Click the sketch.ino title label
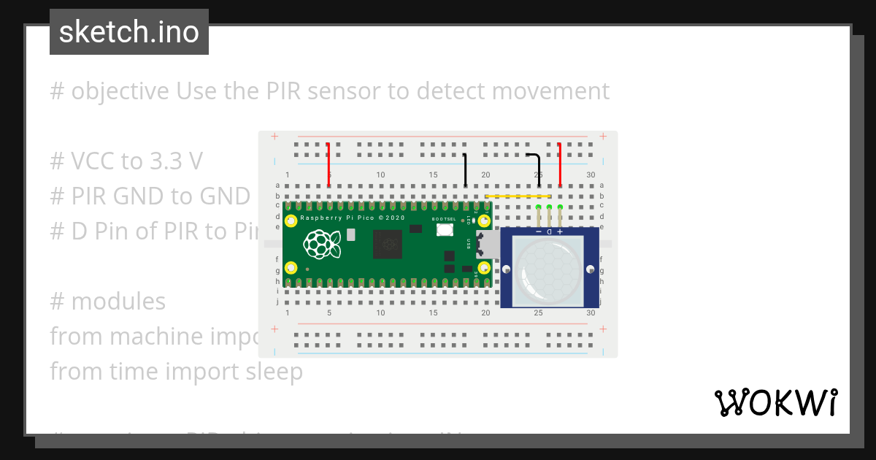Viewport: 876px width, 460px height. [129, 32]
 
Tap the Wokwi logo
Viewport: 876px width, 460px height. [775, 402]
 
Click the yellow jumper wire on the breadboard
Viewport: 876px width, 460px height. [517, 196]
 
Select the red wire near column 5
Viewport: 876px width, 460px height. [328, 164]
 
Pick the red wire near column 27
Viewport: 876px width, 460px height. [560, 164]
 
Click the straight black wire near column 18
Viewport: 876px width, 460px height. [465, 169]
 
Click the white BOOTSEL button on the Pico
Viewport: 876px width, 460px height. [444, 229]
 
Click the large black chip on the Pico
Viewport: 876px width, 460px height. [387, 244]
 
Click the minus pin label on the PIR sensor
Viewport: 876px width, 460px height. [539, 231]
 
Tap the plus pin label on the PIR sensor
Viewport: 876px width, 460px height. [560, 231]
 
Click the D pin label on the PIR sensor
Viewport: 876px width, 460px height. [549, 231]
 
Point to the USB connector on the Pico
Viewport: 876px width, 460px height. [485, 245]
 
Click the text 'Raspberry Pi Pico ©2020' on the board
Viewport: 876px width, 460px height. [352, 218]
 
